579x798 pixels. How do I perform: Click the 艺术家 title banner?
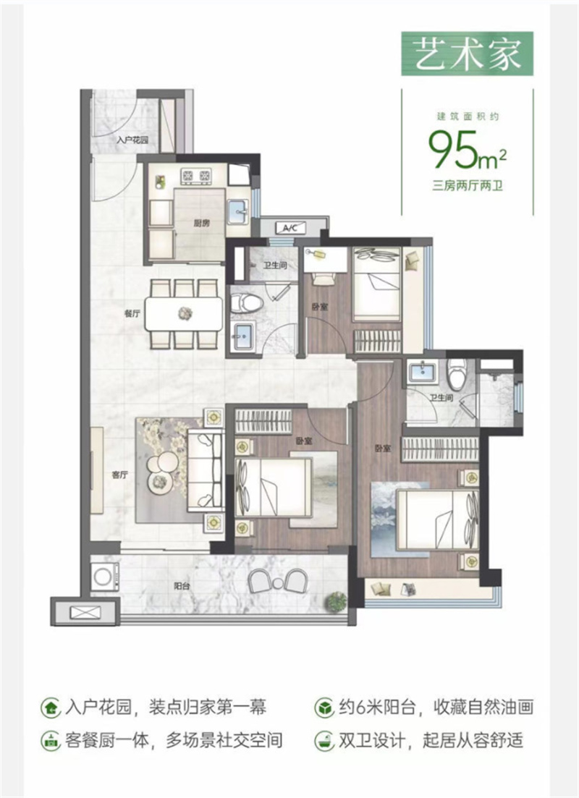(x=467, y=54)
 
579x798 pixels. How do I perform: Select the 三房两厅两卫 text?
(x=468, y=186)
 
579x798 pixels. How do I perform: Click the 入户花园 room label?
(x=132, y=140)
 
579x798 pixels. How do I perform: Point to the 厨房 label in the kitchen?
(x=201, y=222)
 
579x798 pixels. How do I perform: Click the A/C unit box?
(x=290, y=228)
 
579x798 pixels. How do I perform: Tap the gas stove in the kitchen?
(x=196, y=177)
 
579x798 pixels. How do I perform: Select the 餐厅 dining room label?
(x=132, y=313)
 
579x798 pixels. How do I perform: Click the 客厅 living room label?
(x=119, y=475)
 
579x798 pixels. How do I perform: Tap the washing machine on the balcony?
(x=104, y=577)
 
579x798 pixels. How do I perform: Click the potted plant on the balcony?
(x=335, y=602)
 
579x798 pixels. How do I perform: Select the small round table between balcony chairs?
(x=277, y=582)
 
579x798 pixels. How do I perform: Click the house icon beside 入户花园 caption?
(x=51, y=708)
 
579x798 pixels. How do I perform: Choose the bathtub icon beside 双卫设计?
(x=324, y=741)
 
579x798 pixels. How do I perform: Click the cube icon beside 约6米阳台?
(x=324, y=708)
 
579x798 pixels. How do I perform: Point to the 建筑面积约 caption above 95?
(x=468, y=116)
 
